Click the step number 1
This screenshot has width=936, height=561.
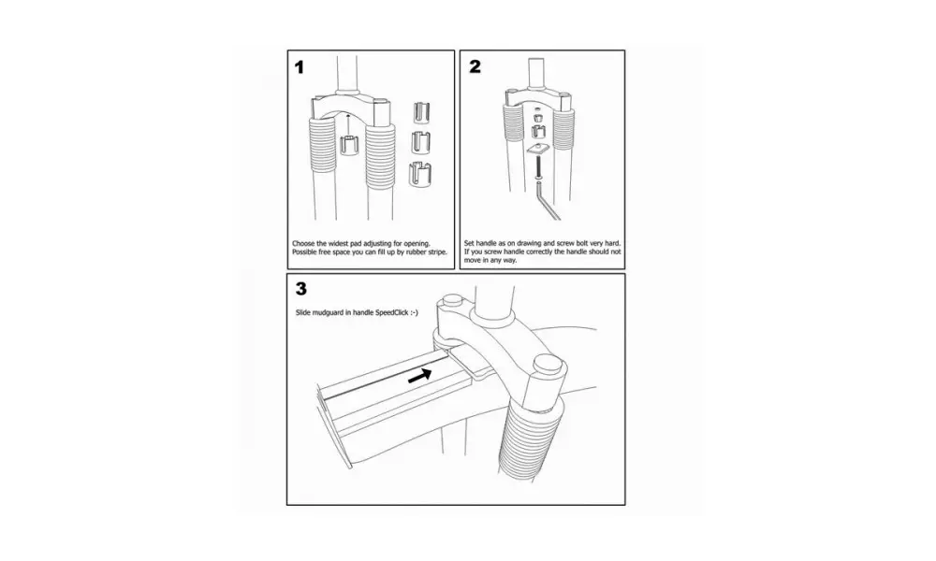click(x=300, y=67)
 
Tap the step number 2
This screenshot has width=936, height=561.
click(x=475, y=66)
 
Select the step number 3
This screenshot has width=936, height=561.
click(x=300, y=289)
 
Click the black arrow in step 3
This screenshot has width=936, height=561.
click(x=420, y=376)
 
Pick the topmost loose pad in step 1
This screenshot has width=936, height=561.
click(x=421, y=113)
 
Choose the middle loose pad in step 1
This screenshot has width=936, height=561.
click(x=422, y=142)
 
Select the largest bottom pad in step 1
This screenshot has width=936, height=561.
click(x=421, y=175)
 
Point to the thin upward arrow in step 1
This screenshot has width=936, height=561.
click(x=348, y=124)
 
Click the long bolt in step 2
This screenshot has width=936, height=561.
click(x=538, y=167)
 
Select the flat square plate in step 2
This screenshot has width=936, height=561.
click(x=538, y=150)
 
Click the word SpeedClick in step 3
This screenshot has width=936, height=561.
click(x=391, y=312)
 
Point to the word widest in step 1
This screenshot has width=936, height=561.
click(x=339, y=243)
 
